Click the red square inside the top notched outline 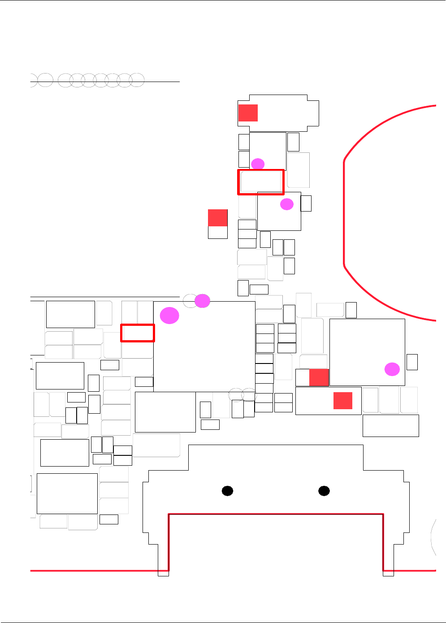tap(248, 113)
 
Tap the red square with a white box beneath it tap(218, 218)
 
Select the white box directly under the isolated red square tap(218, 232)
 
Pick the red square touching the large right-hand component tap(319, 377)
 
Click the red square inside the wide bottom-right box tap(343, 401)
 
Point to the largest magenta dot tap(170, 316)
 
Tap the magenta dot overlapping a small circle tap(203, 301)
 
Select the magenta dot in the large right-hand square tap(392, 369)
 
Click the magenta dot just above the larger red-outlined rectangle tap(258, 164)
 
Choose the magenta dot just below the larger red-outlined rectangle tap(287, 204)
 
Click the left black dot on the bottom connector tap(228, 491)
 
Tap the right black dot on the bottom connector tap(324, 491)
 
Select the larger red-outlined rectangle tap(261, 182)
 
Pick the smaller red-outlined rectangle tap(138, 333)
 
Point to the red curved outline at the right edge tap(344, 213)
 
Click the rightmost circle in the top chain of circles tap(137, 80)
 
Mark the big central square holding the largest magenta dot tap(204, 354)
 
